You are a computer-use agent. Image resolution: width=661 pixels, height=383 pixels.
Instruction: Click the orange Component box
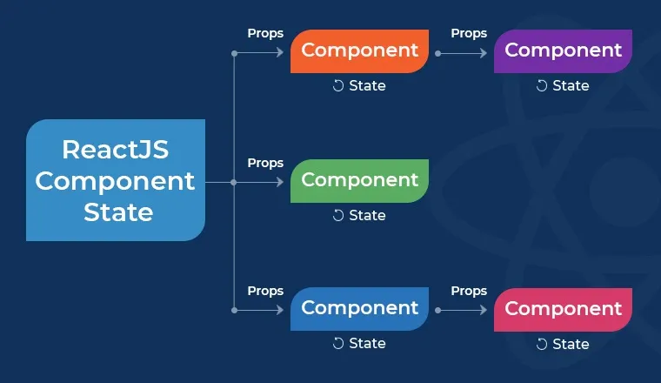click(x=360, y=50)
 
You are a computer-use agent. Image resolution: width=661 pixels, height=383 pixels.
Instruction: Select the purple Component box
click(x=563, y=50)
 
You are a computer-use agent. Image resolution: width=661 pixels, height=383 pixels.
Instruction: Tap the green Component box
click(x=360, y=180)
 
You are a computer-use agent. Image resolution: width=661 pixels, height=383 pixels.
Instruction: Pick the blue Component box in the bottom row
click(x=360, y=308)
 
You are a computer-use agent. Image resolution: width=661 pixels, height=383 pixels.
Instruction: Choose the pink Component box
click(x=563, y=309)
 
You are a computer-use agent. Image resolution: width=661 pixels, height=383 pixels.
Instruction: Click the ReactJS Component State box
click(x=116, y=180)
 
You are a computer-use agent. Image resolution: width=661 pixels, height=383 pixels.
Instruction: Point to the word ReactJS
click(x=116, y=150)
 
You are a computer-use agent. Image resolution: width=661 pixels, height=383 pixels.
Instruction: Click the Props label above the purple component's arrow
click(x=469, y=33)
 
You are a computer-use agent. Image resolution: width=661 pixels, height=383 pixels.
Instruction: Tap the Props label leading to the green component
click(x=265, y=163)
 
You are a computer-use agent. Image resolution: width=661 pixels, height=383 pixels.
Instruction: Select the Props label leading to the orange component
click(x=265, y=33)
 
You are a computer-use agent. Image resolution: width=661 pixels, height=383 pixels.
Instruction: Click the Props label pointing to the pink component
click(x=469, y=291)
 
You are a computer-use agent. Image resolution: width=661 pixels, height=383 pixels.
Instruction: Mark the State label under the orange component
click(x=367, y=85)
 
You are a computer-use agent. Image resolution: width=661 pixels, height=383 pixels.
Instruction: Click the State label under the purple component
click(x=571, y=85)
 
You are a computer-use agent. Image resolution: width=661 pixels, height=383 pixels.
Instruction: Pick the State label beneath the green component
click(x=367, y=215)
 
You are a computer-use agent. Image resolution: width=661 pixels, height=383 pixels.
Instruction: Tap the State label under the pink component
click(x=571, y=344)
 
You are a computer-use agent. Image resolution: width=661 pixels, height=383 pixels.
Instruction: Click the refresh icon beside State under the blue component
click(x=338, y=344)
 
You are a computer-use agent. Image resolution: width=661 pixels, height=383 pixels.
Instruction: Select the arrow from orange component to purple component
click(x=461, y=53)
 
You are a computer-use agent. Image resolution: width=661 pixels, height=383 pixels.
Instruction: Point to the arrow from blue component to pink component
click(x=461, y=310)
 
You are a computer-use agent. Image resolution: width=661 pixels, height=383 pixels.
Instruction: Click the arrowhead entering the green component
click(x=280, y=183)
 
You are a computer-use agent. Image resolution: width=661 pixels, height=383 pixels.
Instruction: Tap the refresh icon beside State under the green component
click(x=338, y=215)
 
